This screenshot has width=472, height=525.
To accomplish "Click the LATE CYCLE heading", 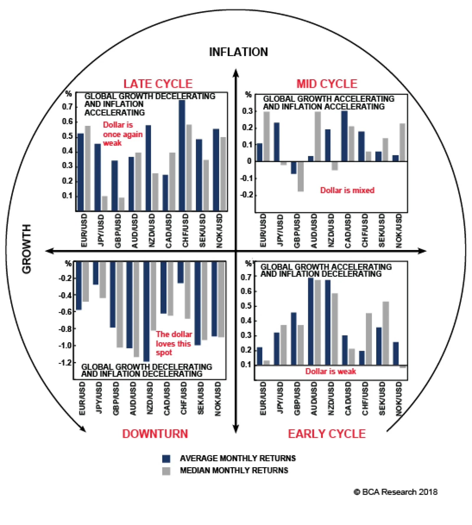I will pyautogui.click(x=158, y=84).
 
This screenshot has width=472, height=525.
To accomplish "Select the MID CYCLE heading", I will pyautogui.click(x=327, y=84).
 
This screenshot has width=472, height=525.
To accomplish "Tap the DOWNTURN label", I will pyautogui.click(x=155, y=434).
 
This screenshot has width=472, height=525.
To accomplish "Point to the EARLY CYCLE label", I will pyautogui.click(x=327, y=434).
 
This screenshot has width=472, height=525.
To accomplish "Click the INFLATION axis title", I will pyautogui.click(x=238, y=52).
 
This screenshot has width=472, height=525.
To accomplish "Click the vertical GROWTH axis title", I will pyautogui.click(x=27, y=249).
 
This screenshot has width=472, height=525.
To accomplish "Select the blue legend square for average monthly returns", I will pyautogui.click(x=166, y=458).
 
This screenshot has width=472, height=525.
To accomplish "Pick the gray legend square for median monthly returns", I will pyautogui.click(x=166, y=471).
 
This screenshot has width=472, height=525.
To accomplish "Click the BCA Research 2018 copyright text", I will pyautogui.click(x=396, y=492).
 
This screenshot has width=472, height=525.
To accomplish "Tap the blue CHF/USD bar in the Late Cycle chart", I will pyautogui.click(x=182, y=155).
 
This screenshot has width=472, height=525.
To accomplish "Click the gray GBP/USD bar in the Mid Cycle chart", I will pyautogui.click(x=301, y=176).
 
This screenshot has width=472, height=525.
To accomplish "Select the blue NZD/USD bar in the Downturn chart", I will pyautogui.click(x=147, y=311).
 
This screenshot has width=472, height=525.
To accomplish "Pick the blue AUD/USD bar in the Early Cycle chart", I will pyautogui.click(x=311, y=321).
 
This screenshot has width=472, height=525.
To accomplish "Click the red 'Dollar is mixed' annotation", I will pyautogui.click(x=347, y=190).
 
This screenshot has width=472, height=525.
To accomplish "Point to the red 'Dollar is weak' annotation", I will pyautogui.click(x=330, y=371).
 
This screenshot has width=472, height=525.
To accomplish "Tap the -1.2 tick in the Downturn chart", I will pyautogui.click(x=65, y=362).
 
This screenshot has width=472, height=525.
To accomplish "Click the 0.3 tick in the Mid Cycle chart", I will pyautogui.click(x=247, y=111).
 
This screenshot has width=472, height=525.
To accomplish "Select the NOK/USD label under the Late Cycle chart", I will pyautogui.click(x=219, y=231).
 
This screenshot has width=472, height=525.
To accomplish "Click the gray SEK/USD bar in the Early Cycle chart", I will pyautogui.click(x=386, y=333).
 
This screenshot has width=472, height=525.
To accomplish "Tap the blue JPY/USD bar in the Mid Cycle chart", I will pyautogui.click(x=276, y=142).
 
